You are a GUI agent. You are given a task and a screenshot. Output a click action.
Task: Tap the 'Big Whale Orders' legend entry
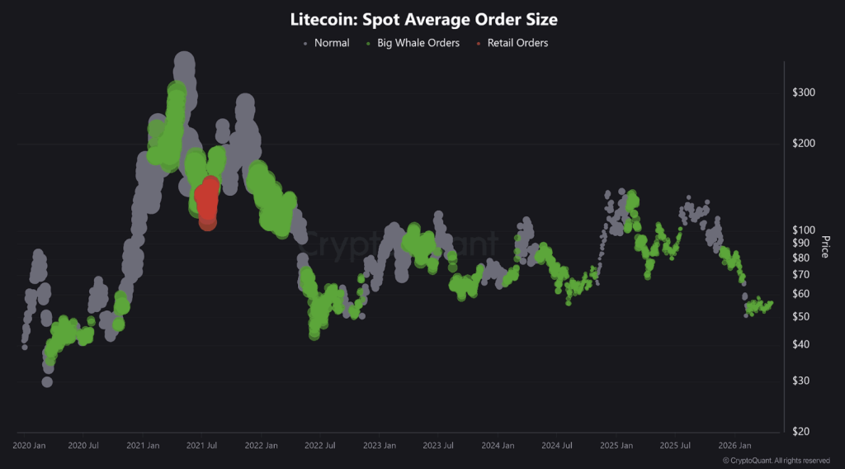point(417,43)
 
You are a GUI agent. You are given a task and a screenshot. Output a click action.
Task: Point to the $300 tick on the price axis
point(803,92)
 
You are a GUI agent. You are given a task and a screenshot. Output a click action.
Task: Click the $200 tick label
point(803,143)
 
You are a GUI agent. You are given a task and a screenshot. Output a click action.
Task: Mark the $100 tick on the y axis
point(803,230)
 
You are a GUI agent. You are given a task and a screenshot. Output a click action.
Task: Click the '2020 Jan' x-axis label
point(29,446)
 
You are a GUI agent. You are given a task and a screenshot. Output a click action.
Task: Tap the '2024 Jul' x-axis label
point(555,446)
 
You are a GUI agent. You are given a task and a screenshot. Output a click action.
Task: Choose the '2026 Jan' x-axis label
point(734,446)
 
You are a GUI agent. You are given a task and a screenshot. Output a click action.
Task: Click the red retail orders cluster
point(206,202)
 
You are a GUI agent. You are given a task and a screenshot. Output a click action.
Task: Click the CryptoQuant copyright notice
point(776,461)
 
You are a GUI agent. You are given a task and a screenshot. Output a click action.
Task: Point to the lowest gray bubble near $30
point(47,381)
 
